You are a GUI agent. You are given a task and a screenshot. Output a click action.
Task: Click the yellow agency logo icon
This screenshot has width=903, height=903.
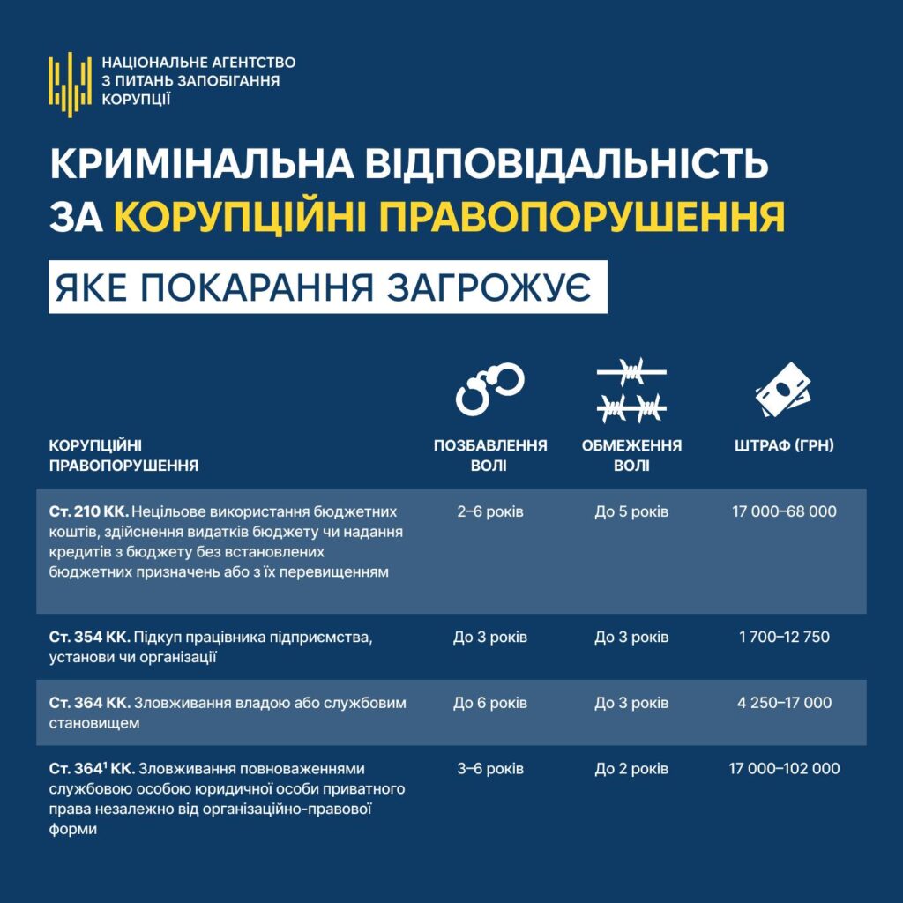pyautogui.click(x=70, y=80)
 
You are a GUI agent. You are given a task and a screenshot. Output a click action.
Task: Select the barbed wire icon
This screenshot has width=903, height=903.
pyautogui.click(x=631, y=391)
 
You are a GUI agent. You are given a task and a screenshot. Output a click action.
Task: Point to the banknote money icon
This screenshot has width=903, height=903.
pyautogui.click(x=784, y=392)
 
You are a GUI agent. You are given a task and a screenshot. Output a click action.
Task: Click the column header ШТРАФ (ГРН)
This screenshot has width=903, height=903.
pyautogui.click(x=784, y=446)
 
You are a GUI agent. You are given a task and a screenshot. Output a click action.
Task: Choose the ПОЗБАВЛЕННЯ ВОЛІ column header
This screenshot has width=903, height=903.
pyautogui.click(x=490, y=455)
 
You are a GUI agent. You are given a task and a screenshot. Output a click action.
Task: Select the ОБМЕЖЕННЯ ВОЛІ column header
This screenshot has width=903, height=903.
pyautogui.click(x=631, y=455)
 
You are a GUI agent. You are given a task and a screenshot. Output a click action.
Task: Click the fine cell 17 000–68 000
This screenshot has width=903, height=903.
pyautogui.click(x=784, y=511)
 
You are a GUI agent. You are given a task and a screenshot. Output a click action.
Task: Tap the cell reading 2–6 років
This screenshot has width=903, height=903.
pyautogui.click(x=490, y=511)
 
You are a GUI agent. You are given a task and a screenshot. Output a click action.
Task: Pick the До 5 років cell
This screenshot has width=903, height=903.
pyautogui.click(x=631, y=511)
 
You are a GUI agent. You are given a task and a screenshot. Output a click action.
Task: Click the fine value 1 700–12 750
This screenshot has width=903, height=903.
pyautogui.click(x=784, y=637)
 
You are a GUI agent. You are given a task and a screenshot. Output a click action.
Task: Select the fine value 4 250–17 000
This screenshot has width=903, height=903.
pyautogui.click(x=784, y=703)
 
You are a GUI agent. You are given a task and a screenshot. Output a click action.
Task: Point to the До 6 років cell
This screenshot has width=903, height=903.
pyautogui.click(x=490, y=703)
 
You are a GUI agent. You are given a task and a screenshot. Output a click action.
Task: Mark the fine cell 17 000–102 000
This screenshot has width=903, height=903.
pyautogui.click(x=784, y=769)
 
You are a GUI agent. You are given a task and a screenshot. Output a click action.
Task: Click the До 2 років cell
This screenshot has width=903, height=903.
pyautogui.click(x=631, y=769)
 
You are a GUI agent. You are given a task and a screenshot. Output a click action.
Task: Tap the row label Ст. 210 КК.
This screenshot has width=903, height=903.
pyautogui.click(x=89, y=511)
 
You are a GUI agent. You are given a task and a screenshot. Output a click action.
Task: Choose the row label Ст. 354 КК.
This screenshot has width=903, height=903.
pyautogui.click(x=89, y=637)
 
